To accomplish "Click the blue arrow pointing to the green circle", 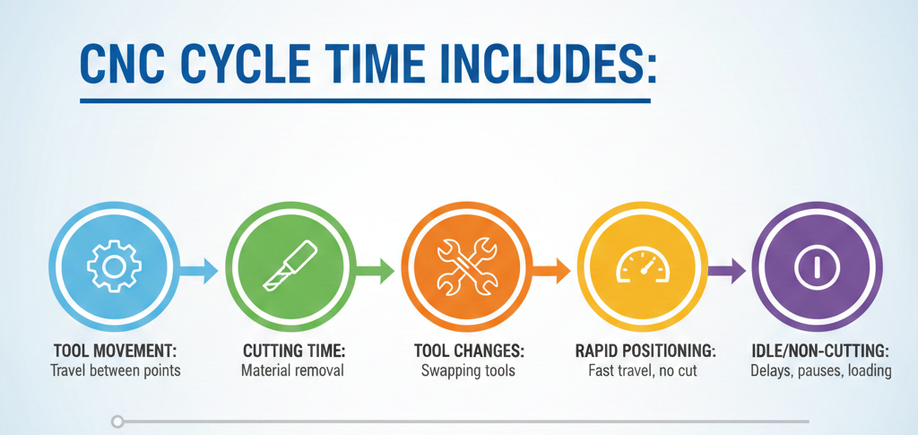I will [x=198, y=268].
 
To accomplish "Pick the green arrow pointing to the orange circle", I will [x=376, y=268].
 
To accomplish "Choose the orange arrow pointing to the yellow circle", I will [x=552, y=268].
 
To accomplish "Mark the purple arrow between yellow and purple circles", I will [x=727, y=268].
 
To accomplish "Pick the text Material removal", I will [x=292, y=370].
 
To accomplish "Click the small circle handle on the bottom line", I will [x=117, y=421].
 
